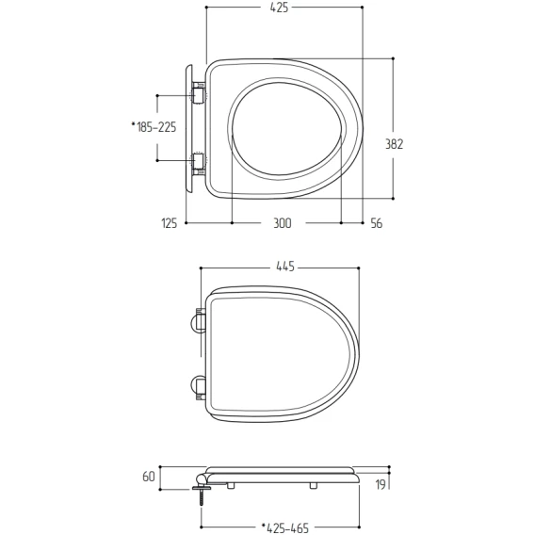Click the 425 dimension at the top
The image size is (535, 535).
279,8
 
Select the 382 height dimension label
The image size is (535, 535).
394,144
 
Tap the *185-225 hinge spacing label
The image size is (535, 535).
154,127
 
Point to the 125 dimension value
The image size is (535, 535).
170,223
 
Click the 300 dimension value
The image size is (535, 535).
283,223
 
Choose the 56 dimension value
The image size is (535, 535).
377,223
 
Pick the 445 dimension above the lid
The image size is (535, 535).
285,267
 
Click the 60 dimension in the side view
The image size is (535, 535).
149,477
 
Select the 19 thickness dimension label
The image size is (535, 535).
381,484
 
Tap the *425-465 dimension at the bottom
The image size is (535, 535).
284,527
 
